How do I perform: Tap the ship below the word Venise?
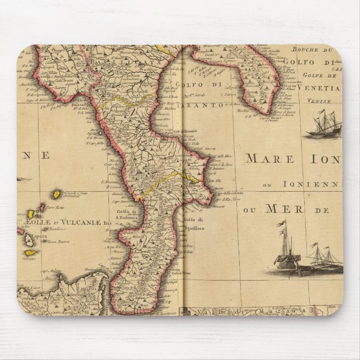324,125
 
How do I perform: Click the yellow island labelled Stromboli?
56,193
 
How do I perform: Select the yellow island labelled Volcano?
31,253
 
